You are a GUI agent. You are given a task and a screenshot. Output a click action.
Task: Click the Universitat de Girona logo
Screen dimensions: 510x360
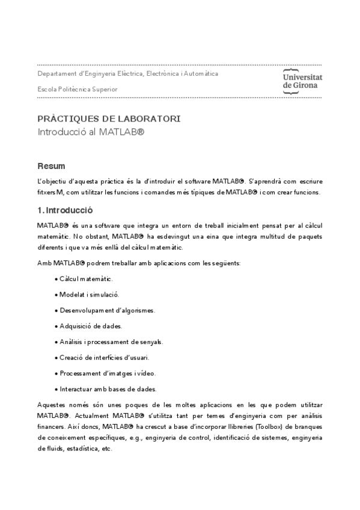302,81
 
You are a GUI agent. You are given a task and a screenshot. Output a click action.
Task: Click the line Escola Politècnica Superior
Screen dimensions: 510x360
78,89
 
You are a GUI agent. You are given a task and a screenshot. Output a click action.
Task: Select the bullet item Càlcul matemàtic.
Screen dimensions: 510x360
86,279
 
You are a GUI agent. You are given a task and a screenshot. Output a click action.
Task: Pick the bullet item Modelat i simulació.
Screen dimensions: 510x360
89,295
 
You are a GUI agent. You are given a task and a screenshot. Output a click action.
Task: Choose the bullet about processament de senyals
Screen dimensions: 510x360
111,342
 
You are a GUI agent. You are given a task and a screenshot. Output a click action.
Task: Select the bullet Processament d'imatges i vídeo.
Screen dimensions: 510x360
108,373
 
